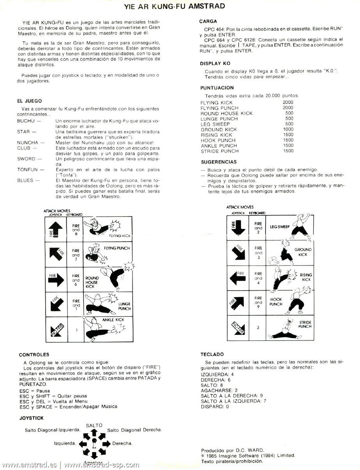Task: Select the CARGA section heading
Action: coord(208,21)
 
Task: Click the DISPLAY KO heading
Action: coord(215,63)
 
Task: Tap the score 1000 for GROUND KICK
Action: coord(288,129)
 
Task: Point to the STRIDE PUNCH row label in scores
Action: coord(219,151)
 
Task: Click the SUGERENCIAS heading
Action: coord(218,162)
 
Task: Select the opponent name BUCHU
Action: coord(26,122)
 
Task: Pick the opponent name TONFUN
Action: coord(28,170)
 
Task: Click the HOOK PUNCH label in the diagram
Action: coord(276,302)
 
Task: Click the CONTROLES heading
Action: coord(34,354)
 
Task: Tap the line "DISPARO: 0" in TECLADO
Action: coord(215,406)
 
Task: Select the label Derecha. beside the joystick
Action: coord(122,443)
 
